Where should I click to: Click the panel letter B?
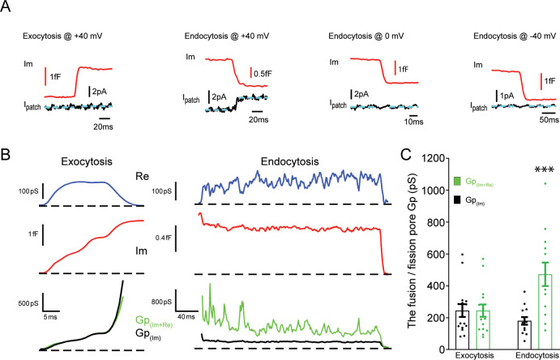[x=7, y=152]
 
